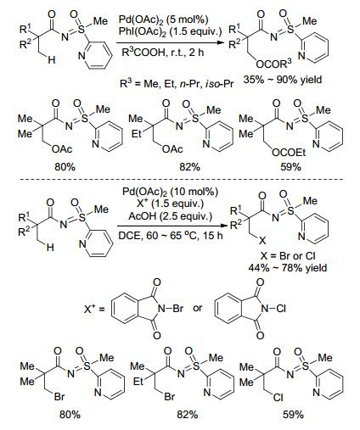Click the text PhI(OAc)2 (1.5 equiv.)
tap(171, 31)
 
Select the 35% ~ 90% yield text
tap(283, 80)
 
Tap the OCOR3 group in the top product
tap(273, 64)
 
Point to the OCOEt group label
tap(289, 153)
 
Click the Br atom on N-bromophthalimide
tap(177, 308)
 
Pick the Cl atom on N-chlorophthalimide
tap(281, 308)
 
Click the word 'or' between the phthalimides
tap(198, 308)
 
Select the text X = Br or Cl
tap(288, 256)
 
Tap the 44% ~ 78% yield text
tap(288, 267)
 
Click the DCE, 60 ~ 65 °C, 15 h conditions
tap(171, 236)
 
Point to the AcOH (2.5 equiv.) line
tap(171, 216)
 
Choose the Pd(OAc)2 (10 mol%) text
tap(171, 192)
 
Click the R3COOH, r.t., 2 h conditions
tap(163, 53)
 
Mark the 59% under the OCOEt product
tap(290, 167)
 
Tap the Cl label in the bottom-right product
tap(278, 398)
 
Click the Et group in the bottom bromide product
tap(138, 382)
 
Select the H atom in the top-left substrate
tap(51, 59)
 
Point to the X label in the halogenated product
tap(262, 241)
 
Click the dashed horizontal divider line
tap(181, 179)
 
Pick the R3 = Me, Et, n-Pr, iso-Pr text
tap(177, 84)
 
